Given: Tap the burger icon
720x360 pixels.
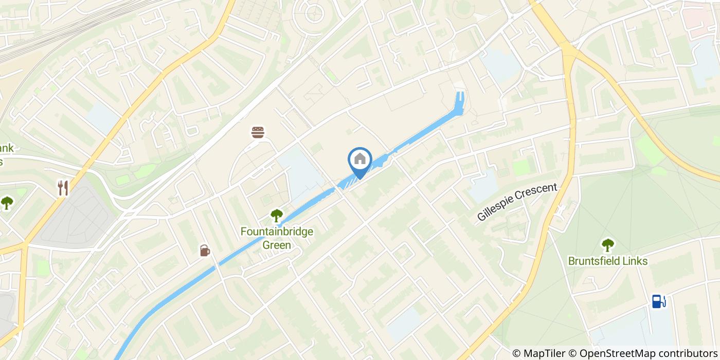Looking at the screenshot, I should (x=258, y=133).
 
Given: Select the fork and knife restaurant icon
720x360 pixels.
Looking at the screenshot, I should (x=63, y=188).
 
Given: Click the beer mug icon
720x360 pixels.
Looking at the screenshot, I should (x=205, y=250).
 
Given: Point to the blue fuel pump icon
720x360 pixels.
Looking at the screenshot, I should (x=658, y=301).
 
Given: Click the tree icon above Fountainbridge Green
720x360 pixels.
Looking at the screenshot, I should (x=277, y=215).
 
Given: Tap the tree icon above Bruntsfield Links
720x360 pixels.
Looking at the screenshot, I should (x=608, y=244).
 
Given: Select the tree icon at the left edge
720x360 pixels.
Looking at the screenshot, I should (x=7, y=202).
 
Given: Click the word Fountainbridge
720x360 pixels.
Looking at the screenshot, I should (x=277, y=232).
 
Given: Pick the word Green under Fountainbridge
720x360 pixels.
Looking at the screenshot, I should (x=277, y=245).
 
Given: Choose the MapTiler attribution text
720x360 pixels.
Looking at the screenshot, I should (x=544, y=353).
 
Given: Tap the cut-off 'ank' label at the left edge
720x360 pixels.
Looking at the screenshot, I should (x=6, y=149).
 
